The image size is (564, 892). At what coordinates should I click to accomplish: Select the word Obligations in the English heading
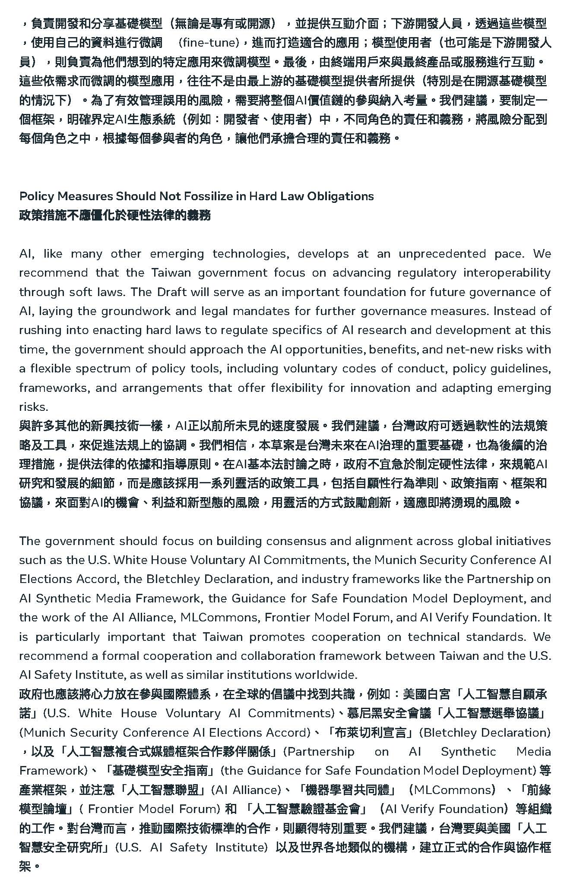[340, 196]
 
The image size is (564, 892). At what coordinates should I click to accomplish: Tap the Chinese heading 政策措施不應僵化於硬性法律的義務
[115, 215]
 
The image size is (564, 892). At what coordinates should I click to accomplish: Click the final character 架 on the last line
[25, 866]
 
